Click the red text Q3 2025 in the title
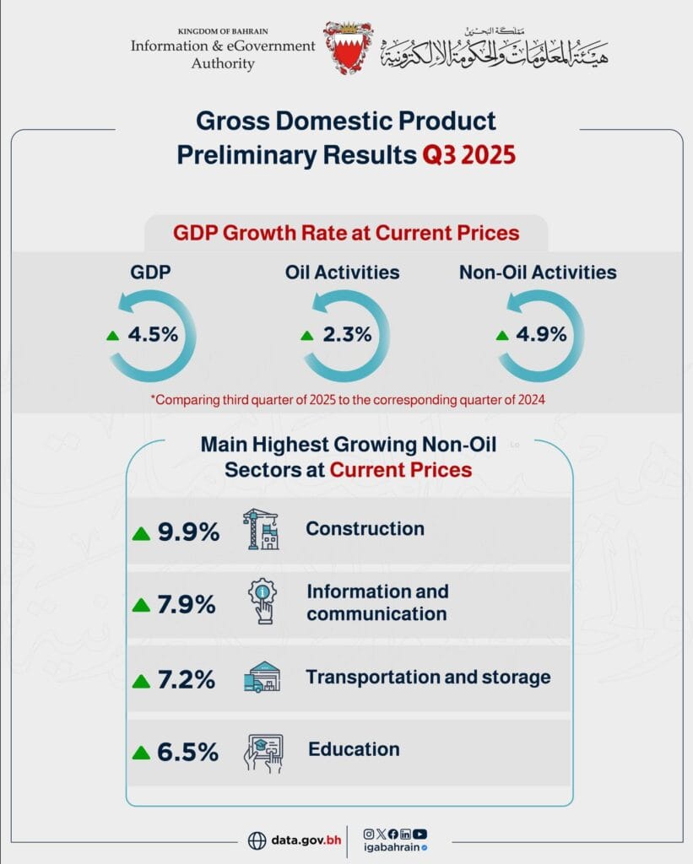[x=468, y=156]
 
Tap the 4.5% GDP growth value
[x=153, y=333]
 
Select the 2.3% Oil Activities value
[x=347, y=333]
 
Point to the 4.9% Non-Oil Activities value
[x=541, y=333]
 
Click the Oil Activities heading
[x=342, y=273]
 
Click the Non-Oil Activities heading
[x=538, y=273]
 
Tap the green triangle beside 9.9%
[x=141, y=533]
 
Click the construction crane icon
[x=261, y=530]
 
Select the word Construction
[x=365, y=529]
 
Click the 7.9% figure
[x=187, y=605]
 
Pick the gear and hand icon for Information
[x=263, y=602]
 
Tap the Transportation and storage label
[x=428, y=677]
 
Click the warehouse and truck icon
[x=263, y=677]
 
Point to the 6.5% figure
[x=187, y=752]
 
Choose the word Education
[x=354, y=749]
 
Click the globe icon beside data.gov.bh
[x=257, y=840]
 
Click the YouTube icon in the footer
[x=420, y=834]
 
